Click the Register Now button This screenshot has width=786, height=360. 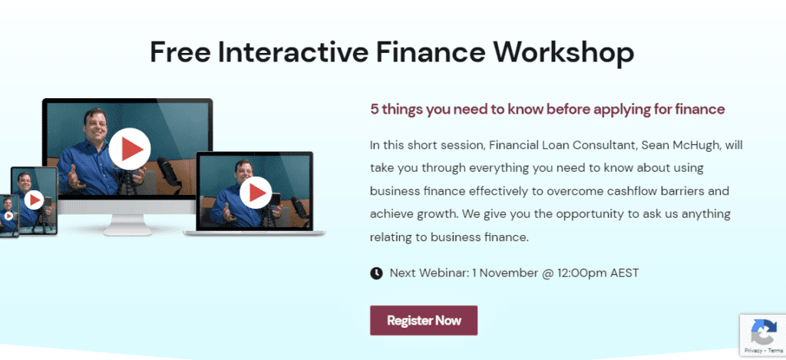click(424, 320)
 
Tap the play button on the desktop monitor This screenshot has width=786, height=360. click(129, 148)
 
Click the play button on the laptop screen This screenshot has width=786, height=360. click(256, 193)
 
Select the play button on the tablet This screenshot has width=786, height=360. click(34, 200)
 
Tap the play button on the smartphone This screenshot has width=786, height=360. click(9, 216)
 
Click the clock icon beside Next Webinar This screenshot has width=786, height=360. click(376, 273)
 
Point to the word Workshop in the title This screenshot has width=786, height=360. click(564, 52)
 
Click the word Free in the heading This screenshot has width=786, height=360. click(179, 51)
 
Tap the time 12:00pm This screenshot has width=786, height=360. click(578, 273)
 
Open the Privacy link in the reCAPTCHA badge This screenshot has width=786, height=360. click(753, 351)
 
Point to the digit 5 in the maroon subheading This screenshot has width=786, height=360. click(374, 109)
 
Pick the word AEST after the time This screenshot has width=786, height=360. click(625, 273)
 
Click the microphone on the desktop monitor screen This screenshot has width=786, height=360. click(166, 170)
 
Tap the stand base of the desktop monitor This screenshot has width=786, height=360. click(127, 231)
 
